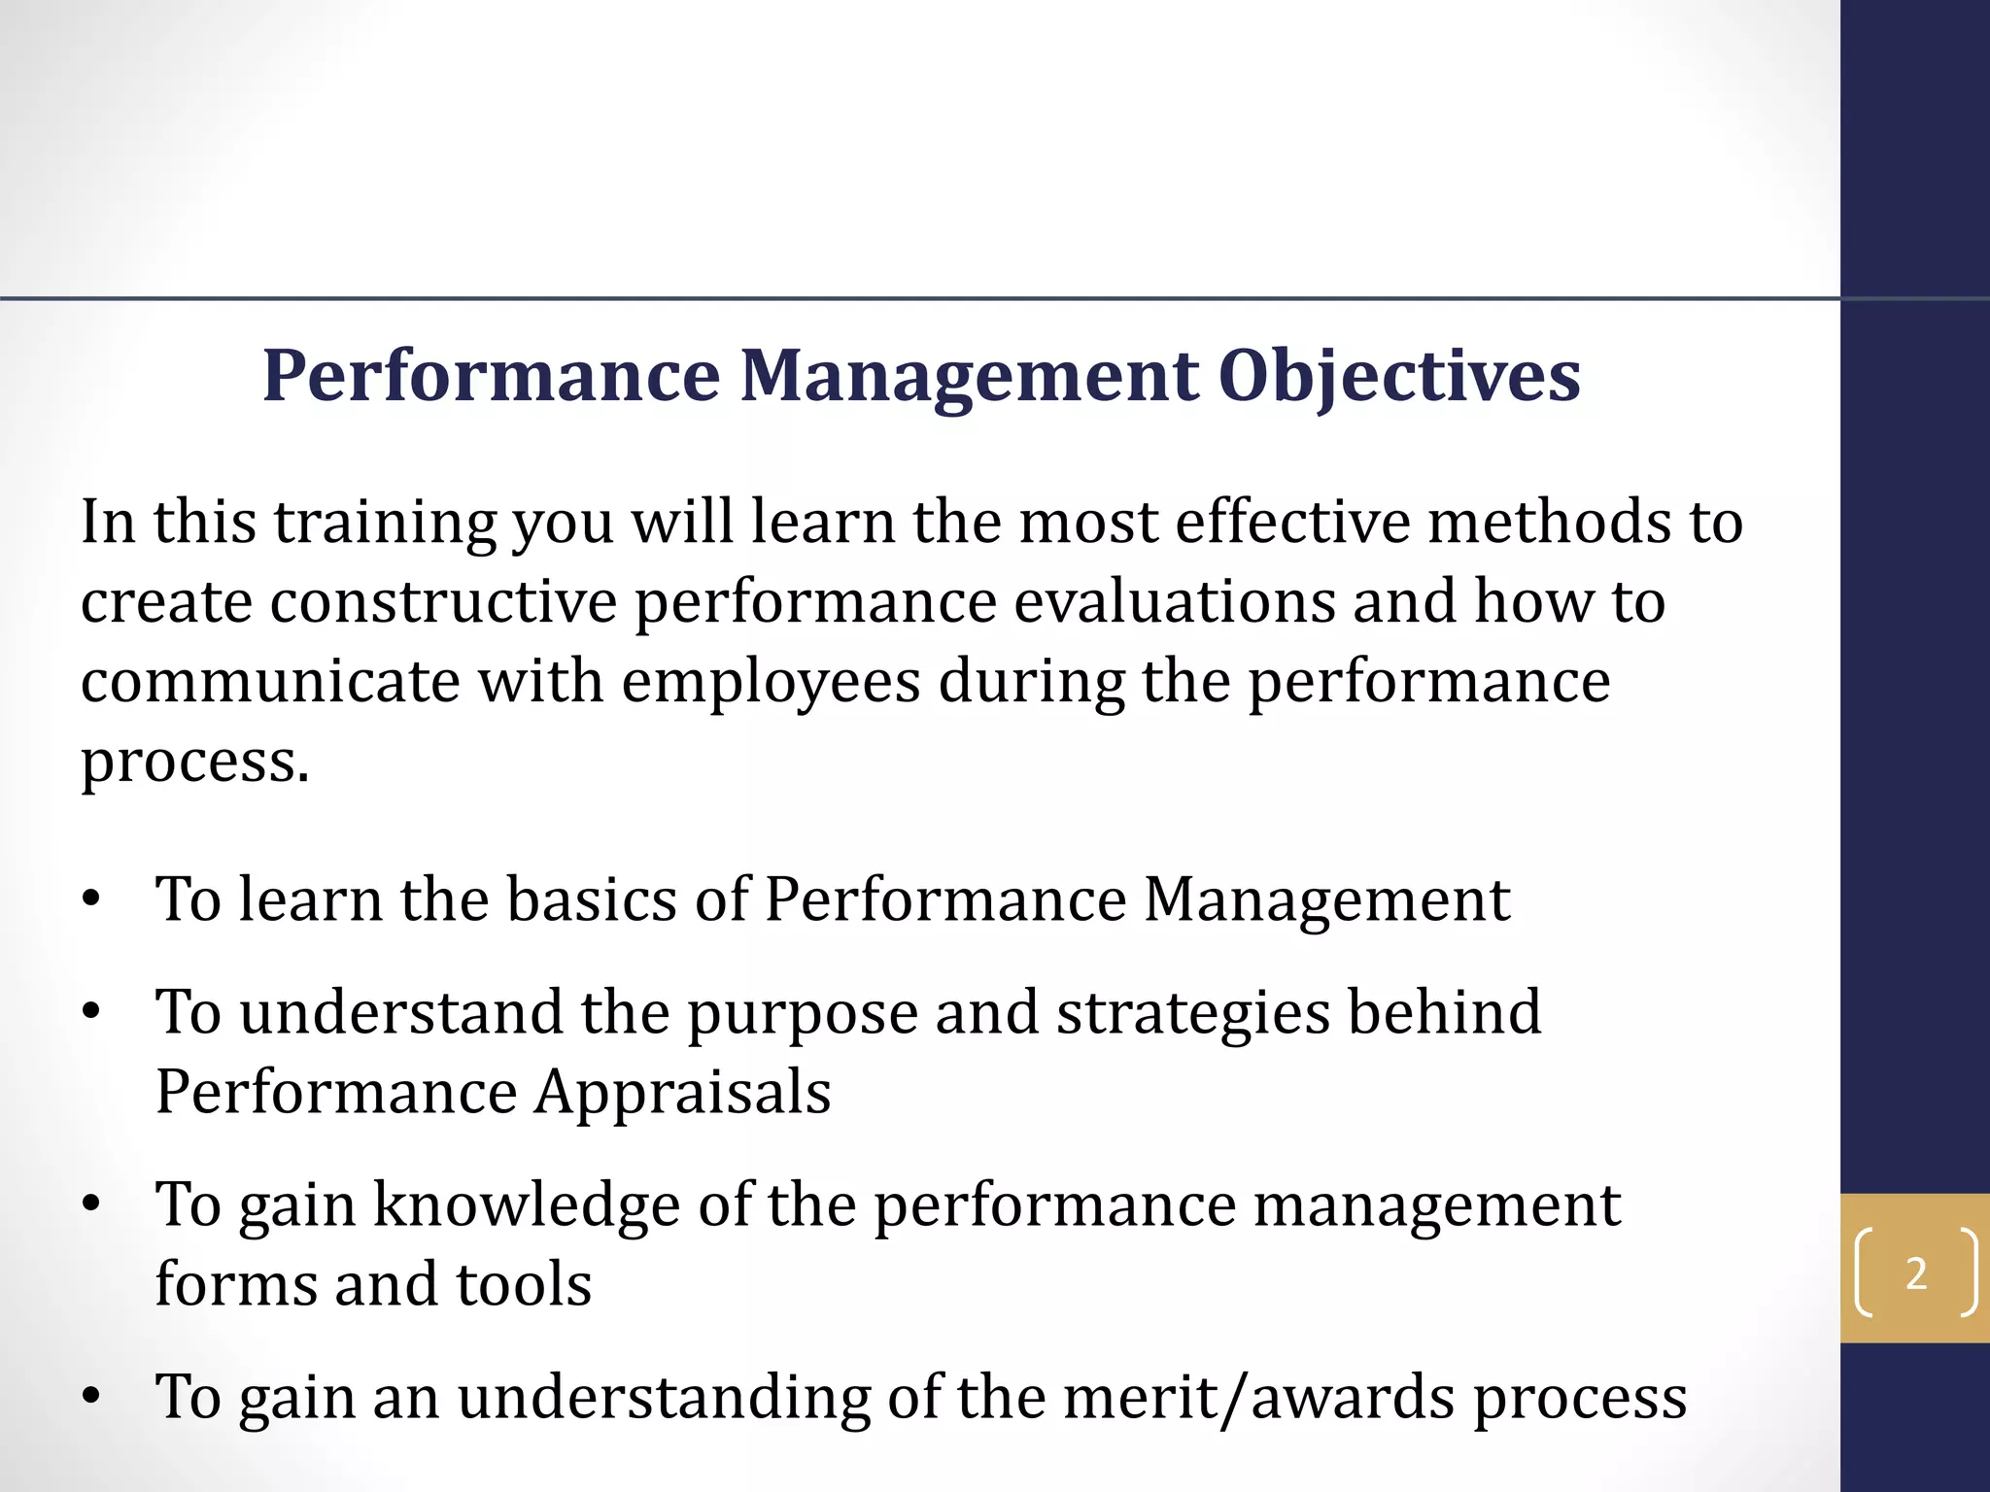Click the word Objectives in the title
[x=1399, y=377]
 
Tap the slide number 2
[x=1915, y=1273]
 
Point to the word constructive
[x=443, y=602]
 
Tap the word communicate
[x=269, y=682]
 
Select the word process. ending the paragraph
[x=194, y=762]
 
